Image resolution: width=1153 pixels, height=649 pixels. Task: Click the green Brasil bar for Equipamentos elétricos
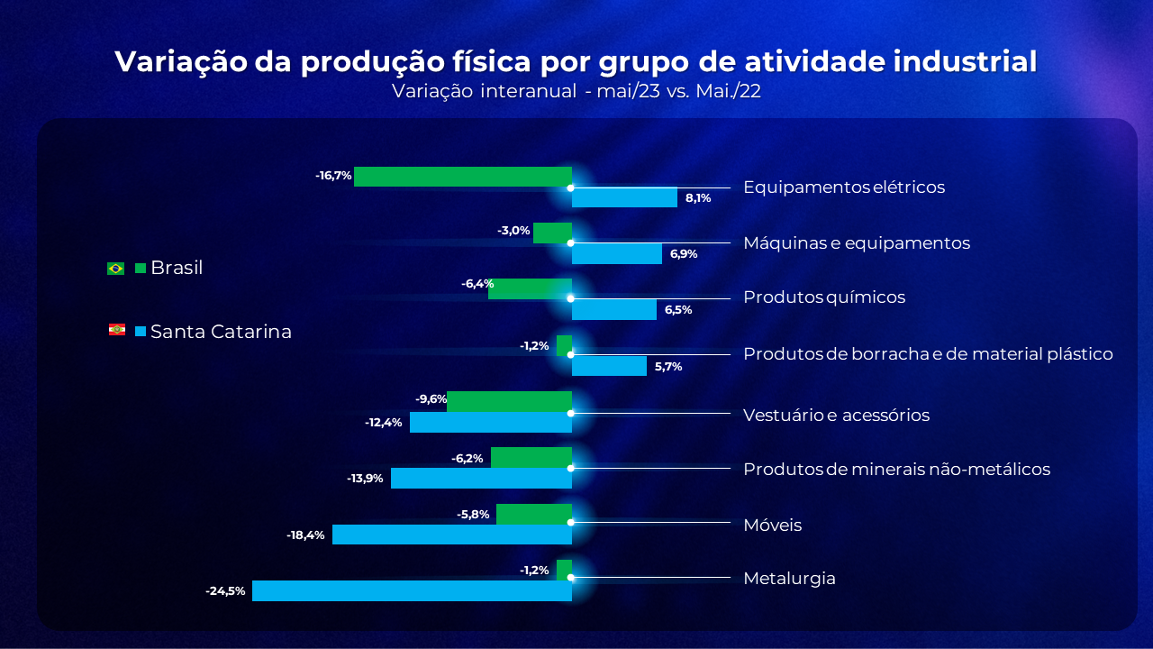tap(463, 177)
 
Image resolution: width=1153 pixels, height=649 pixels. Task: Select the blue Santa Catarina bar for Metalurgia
tap(412, 590)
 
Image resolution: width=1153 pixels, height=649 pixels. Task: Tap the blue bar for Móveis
tap(452, 535)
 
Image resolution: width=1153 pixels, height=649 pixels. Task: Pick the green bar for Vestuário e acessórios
tap(509, 402)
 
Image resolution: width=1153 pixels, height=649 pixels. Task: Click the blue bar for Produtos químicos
tap(614, 309)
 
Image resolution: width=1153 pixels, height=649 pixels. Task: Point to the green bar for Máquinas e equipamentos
tap(552, 233)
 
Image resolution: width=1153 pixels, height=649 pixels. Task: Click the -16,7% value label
tap(333, 176)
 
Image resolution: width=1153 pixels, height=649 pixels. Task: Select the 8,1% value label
tap(698, 198)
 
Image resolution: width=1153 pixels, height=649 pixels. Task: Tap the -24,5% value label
tap(225, 591)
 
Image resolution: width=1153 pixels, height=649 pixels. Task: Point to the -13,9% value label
tap(366, 479)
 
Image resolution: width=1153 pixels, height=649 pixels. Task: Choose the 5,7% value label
tap(667, 367)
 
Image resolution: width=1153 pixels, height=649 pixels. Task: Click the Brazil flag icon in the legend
tap(115, 268)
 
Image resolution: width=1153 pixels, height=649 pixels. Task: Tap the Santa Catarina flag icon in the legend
tap(116, 330)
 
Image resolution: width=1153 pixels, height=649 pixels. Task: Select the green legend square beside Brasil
tap(140, 268)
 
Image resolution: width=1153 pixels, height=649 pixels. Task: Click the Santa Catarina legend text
tap(221, 332)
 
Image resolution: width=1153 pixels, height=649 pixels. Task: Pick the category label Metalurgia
tap(789, 579)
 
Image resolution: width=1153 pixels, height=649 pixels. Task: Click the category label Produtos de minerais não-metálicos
tap(896, 470)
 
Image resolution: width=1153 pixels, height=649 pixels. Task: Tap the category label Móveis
tap(772, 526)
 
